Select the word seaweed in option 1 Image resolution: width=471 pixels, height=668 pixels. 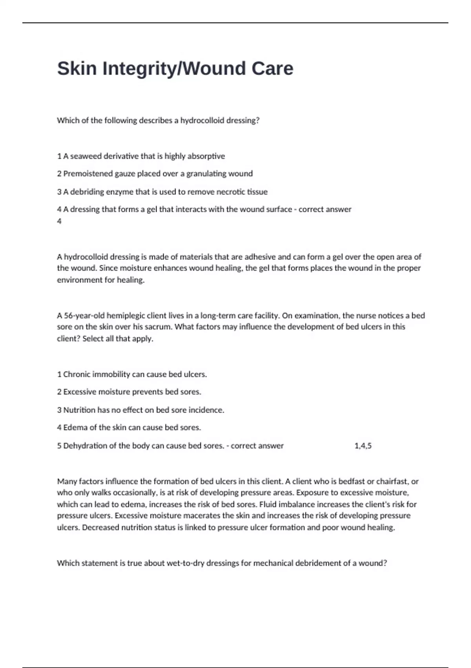(84, 156)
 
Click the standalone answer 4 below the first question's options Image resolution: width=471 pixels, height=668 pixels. (59, 221)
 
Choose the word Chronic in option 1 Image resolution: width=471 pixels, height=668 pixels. (77, 374)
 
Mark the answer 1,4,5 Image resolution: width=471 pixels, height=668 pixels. (363, 446)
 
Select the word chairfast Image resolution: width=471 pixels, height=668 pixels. (393, 481)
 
